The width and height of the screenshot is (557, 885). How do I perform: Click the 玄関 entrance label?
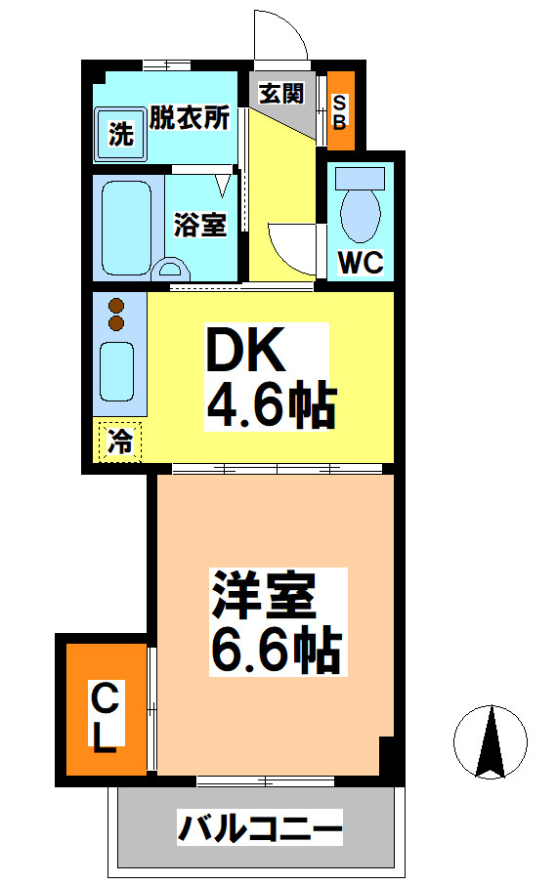click(280, 94)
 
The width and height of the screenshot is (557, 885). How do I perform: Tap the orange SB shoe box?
click(340, 110)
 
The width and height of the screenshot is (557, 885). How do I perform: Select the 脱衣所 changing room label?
click(190, 118)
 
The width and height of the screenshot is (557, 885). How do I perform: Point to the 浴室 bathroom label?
click(200, 225)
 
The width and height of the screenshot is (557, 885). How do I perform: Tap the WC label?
click(361, 262)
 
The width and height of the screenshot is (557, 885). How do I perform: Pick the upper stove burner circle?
click(116, 305)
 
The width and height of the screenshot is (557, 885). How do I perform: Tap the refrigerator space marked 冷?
click(119, 441)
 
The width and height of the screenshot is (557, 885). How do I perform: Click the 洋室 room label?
click(263, 596)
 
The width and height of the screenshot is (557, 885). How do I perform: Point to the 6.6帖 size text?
click(275, 649)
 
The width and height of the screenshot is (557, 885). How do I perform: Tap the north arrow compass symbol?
click(491, 741)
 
